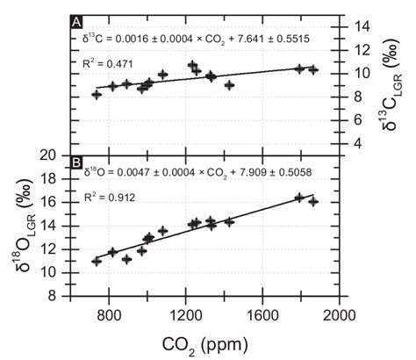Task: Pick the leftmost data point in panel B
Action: point(97,261)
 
